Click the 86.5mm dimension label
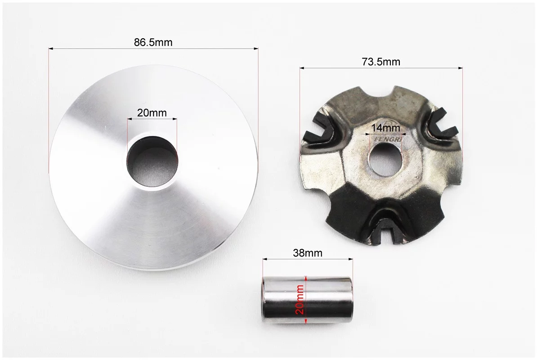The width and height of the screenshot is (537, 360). [x=153, y=42]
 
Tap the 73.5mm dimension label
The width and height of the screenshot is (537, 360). [x=381, y=62]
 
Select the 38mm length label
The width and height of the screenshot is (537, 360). [x=308, y=253]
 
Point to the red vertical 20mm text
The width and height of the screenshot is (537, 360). [x=300, y=299]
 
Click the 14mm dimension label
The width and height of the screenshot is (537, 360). [x=385, y=128]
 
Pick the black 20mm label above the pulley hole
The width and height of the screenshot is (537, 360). [x=152, y=112]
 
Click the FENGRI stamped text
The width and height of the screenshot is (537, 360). [x=389, y=140]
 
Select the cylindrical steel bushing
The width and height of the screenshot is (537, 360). [x=307, y=301]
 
